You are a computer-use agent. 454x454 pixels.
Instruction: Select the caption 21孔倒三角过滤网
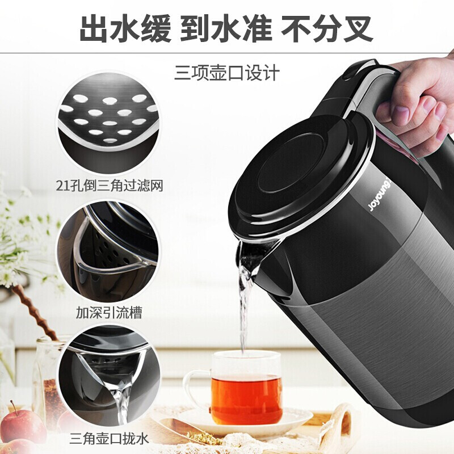point(110,186)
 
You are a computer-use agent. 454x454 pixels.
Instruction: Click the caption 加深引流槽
point(109,313)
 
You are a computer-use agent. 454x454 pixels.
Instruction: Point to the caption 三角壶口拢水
point(109,438)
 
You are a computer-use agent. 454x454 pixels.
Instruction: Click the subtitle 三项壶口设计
point(227,73)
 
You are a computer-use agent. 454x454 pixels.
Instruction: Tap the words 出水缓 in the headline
point(125,28)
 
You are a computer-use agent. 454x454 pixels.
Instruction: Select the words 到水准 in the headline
point(226,28)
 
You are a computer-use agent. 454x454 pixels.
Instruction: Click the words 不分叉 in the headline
point(327,28)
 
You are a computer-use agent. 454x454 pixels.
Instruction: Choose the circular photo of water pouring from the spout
point(109,376)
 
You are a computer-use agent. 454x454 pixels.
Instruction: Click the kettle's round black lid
point(301,174)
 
